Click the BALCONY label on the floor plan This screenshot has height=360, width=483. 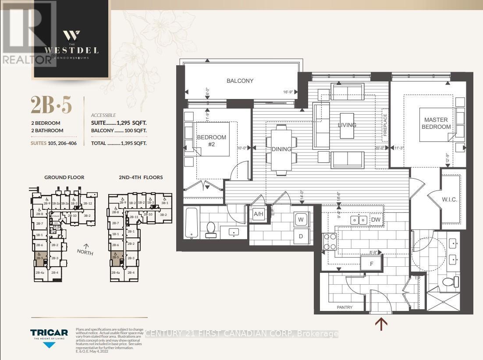pos(240,81)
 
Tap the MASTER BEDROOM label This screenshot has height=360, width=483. pos(436,123)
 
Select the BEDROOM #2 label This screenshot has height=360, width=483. pos(211,141)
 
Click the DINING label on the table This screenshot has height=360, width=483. pos(281,149)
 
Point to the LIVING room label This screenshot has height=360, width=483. pos(347,125)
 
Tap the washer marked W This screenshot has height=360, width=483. pos(301,219)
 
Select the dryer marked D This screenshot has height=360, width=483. pos(301,236)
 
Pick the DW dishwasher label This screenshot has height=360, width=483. pos(376,220)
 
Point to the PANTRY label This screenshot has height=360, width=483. pos(344,307)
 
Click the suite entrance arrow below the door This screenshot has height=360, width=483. pos(381,325)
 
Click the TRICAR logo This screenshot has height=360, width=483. pos(49,333)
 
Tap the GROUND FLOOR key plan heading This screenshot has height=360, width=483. pos(64,177)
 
